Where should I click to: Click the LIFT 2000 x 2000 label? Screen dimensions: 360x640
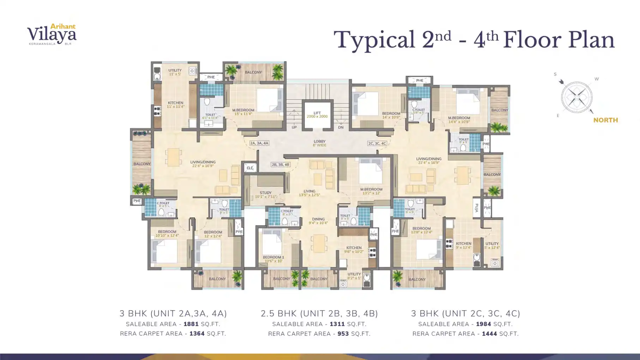[x=317, y=115]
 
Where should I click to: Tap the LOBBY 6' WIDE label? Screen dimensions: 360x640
[x=319, y=143]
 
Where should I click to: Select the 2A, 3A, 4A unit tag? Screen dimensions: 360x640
[x=259, y=143]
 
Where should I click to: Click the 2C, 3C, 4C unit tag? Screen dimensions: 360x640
[x=377, y=144]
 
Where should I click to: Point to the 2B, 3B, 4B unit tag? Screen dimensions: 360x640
[x=280, y=165]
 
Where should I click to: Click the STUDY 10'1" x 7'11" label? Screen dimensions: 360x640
[x=265, y=195]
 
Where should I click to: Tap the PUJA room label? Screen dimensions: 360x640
[x=476, y=208]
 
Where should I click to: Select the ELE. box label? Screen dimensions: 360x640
[x=250, y=168]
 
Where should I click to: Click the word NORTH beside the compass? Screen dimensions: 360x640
[x=605, y=120]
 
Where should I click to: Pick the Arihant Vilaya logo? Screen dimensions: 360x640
[x=52, y=35]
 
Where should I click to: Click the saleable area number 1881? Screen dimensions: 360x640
[x=191, y=324]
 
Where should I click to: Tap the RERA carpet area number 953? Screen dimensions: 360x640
[x=343, y=334]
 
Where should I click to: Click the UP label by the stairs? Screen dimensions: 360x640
[x=294, y=127]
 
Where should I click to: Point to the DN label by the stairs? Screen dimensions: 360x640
[x=340, y=127]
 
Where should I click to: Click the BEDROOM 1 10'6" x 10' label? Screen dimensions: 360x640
[x=273, y=259]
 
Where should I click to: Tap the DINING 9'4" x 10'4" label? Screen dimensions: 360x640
[x=318, y=221]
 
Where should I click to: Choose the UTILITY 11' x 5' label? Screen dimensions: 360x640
[x=175, y=72]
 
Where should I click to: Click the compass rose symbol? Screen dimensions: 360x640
[x=576, y=97]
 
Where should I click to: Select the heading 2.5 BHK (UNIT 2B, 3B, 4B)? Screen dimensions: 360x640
[x=319, y=313]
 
